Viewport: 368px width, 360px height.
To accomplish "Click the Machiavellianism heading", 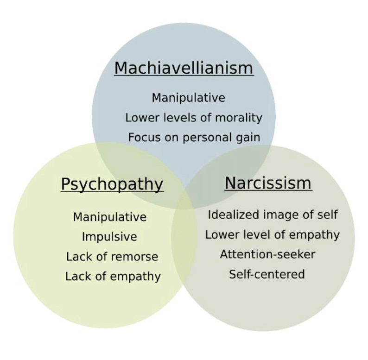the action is coord(184,68).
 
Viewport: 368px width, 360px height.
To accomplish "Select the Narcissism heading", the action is coord(268,183).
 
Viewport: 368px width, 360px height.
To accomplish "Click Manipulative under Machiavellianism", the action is coord(189,98).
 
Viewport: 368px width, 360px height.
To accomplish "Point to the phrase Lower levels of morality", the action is coord(194,118).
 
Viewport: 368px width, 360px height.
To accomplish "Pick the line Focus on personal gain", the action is coord(194,138).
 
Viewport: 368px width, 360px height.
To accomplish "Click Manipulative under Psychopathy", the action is coord(109,217).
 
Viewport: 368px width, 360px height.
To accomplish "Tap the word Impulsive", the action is coord(109,237).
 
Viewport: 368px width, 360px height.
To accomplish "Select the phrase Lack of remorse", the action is coord(112,257).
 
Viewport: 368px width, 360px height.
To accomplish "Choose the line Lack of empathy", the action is coord(113,277).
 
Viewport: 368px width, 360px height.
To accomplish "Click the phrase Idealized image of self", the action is coord(273,215).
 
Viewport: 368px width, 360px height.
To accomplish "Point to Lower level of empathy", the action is coord(273,235).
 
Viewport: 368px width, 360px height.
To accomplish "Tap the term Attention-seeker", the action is coord(267,254).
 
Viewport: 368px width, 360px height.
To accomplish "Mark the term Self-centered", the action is coord(267,274).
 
